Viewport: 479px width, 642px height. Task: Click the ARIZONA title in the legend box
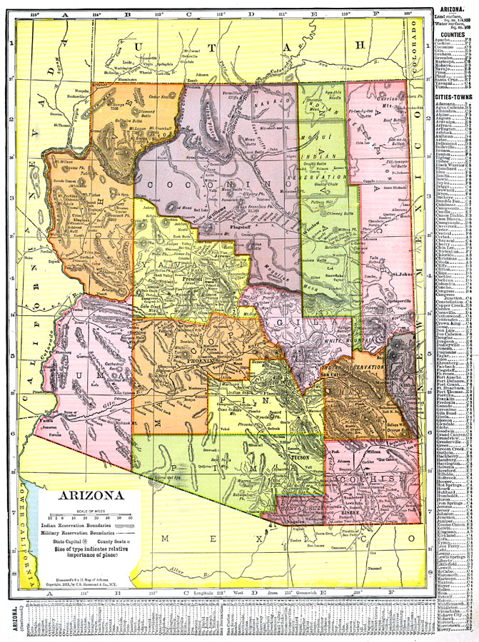coord(87,494)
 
